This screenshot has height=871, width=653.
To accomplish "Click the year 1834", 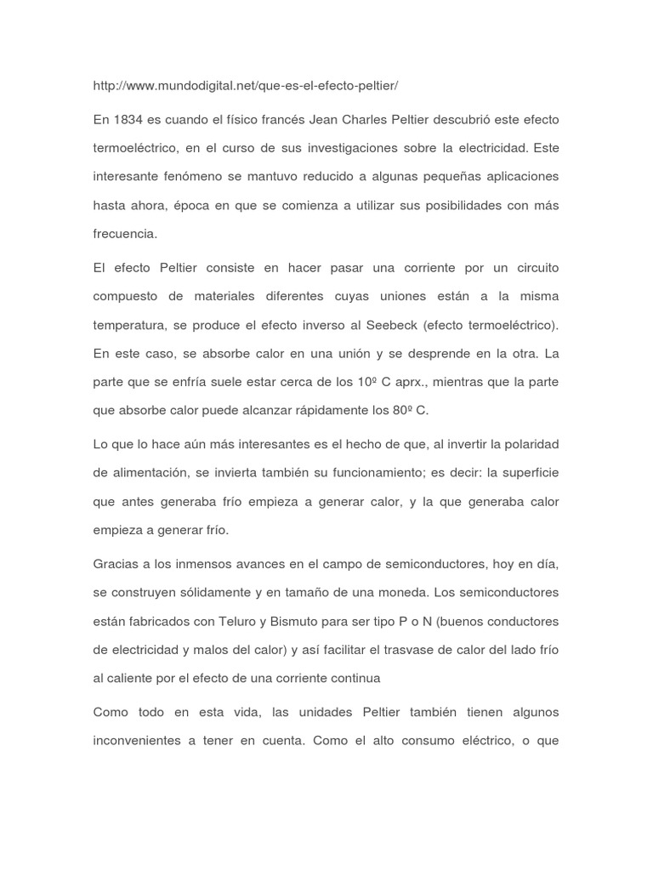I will click(126, 119).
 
